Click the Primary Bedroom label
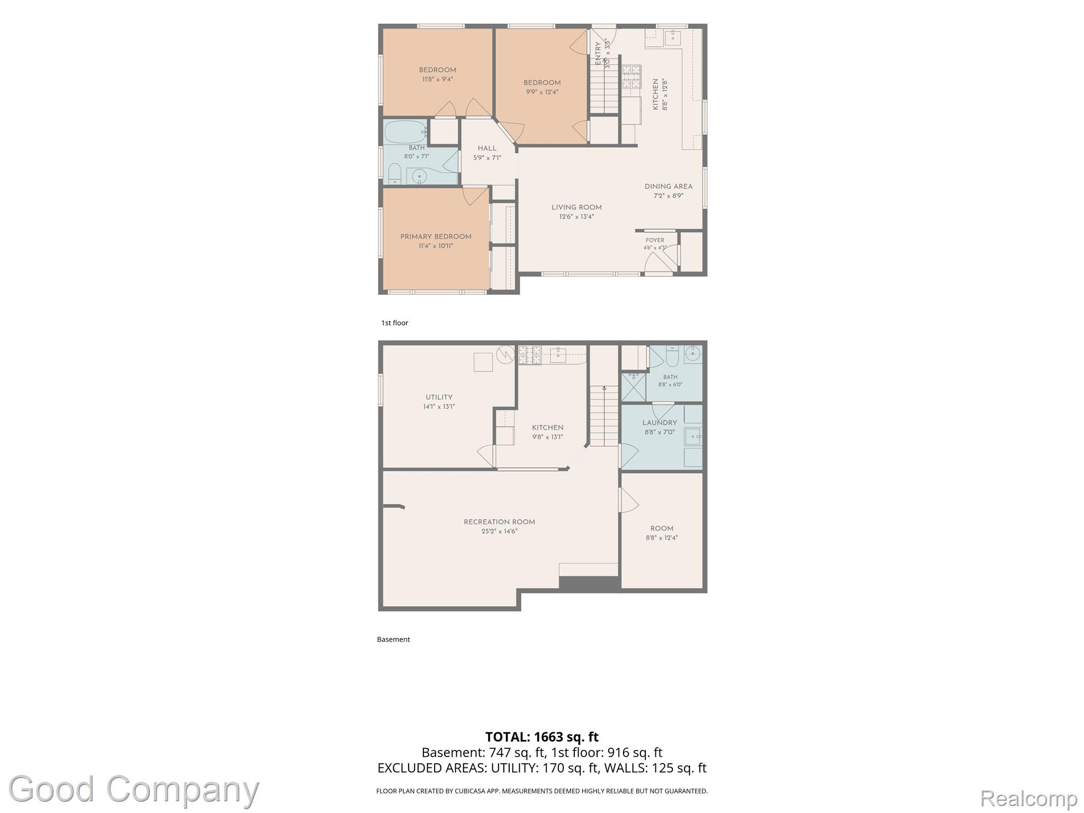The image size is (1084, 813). (x=436, y=237)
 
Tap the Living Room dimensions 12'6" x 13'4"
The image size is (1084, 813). (x=576, y=216)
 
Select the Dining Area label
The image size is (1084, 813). (x=669, y=186)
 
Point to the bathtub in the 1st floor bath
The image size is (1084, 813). (x=405, y=131)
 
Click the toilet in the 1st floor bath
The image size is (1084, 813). (x=394, y=174)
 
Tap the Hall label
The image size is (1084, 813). (x=487, y=148)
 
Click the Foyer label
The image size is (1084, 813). (x=655, y=240)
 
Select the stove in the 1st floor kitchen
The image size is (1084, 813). (x=631, y=76)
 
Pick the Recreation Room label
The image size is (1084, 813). (x=499, y=522)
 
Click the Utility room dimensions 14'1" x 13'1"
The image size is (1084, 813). (x=439, y=406)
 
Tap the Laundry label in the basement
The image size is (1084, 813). (x=660, y=423)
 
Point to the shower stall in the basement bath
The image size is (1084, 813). (x=633, y=387)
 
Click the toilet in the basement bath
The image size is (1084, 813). (x=672, y=356)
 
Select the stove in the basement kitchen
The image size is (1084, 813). (x=530, y=355)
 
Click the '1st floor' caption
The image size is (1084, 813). (x=395, y=323)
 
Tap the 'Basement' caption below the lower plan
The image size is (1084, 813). (x=393, y=639)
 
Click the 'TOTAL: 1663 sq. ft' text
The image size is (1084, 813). (x=542, y=737)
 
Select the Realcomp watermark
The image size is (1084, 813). (x=1029, y=798)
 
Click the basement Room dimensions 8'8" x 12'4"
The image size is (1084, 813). (x=662, y=538)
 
